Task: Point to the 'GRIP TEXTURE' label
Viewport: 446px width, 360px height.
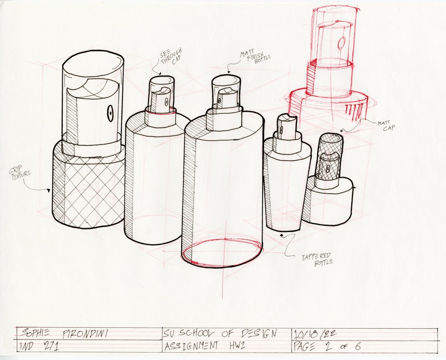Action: tap(20, 172)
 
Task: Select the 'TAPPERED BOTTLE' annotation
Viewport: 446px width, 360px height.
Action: tap(318, 259)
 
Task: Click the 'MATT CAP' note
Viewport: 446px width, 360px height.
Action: tap(386, 126)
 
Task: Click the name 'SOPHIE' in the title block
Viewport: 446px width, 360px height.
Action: tap(36, 333)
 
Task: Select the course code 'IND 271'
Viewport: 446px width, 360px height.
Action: tap(39, 347)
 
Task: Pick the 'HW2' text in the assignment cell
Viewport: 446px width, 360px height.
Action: tap(237, 346)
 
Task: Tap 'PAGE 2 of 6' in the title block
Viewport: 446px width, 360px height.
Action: tap(327, 346)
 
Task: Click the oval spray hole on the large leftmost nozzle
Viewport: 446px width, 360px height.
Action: tap(110, 113)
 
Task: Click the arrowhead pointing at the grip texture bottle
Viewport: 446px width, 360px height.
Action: tap(49, 191)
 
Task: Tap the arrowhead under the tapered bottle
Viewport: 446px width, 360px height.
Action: tap(282, 235)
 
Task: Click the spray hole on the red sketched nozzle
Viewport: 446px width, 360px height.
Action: tap(341, 43)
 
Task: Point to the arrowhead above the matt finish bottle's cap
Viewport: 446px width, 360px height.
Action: tap(229, 72)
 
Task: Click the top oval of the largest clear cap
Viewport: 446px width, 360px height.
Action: tap(93, 65)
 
